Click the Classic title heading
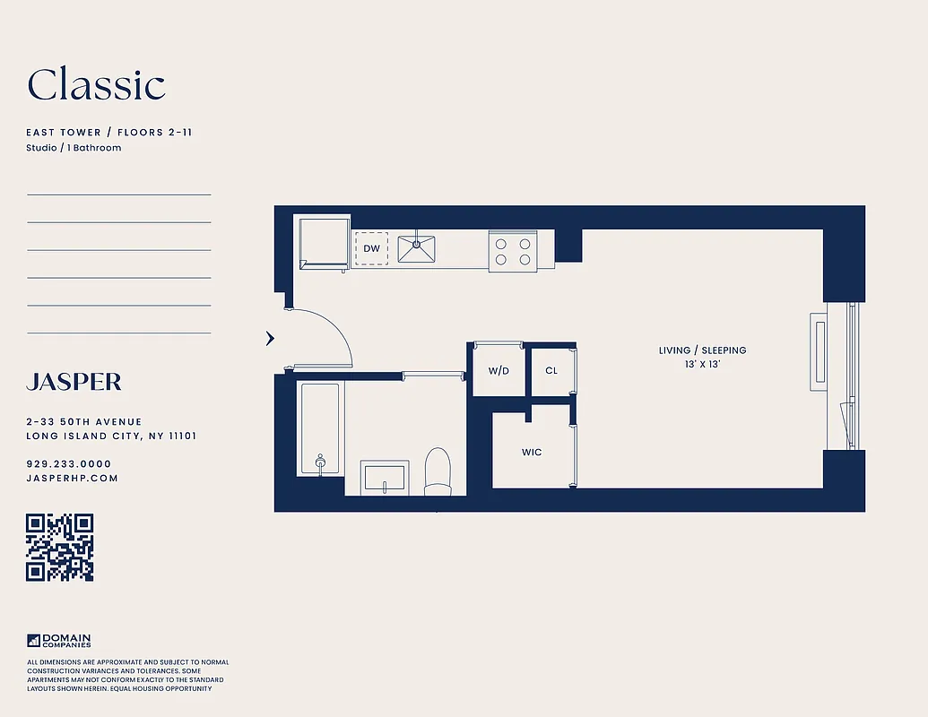(x=96, y=85)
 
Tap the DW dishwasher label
(x=371, y=248)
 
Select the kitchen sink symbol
(x=416, y=248)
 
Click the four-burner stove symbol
(x=512, y=251)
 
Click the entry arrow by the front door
(x=269, y=338)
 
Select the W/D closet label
(x=499, y=370)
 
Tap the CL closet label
(x=551, y=370)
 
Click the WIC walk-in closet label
(x=532, y=452)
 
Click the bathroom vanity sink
(x=385, y=476)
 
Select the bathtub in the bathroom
(x=319, y=428)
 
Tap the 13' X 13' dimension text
(x=702, y=365)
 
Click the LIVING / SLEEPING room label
(x=702, y=350)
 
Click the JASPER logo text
(x=74, y=382)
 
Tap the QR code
(x=60, y=548)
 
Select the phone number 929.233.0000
(x=69, y=464)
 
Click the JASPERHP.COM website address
(x=72, y=479)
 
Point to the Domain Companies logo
(x=59, y=641)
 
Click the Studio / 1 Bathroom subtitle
(x=74, y=148)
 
